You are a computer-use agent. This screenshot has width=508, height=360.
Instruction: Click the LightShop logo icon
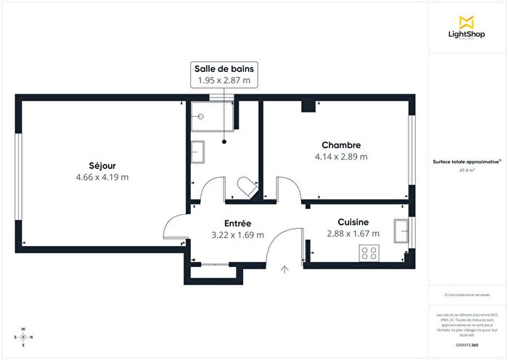[467, 22]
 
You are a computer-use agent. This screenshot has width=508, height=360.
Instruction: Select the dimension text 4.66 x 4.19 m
[102, 177]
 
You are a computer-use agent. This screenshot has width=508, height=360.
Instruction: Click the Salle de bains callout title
[224, 68]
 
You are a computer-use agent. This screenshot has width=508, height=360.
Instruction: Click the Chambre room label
[341, 144]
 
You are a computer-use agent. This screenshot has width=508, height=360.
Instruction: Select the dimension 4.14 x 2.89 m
[341, 156]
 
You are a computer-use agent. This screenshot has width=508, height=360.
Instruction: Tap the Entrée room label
[237, 223]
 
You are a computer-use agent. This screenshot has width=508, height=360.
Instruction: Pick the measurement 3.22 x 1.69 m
[237, 234]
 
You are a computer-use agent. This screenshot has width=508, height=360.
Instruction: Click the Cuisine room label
[353, 222]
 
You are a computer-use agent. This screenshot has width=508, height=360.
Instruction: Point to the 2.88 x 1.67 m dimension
[353, 234]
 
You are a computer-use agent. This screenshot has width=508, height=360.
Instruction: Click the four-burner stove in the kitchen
[369, 253]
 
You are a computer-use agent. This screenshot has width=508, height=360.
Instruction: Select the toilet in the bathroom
[247, 187]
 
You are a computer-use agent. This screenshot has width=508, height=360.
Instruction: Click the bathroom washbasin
[197, 152]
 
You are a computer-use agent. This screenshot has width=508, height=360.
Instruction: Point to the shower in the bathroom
[210, 120]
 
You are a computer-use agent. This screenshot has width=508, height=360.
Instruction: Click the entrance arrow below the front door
[284, 270]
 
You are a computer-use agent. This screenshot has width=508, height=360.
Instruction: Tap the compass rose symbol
[24, 337]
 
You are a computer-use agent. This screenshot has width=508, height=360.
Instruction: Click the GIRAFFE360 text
[467, 345]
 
